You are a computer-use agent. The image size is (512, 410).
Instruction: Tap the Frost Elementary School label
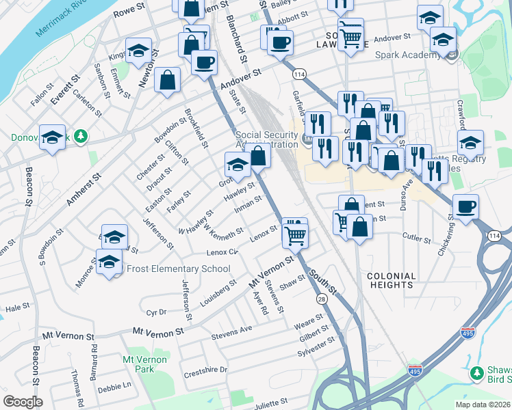[176, 269]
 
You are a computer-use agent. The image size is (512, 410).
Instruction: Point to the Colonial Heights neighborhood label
[392, 280]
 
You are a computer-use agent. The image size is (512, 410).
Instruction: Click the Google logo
[23, 402]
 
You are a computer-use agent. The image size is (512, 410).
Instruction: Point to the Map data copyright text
[483, 404]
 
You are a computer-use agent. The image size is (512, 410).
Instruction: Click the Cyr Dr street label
[156, 312]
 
